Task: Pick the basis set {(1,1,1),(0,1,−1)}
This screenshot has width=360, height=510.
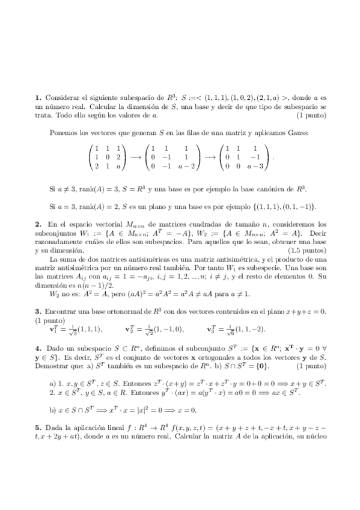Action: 272,205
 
